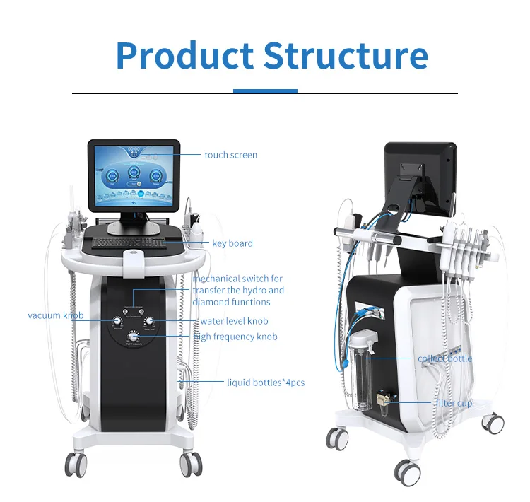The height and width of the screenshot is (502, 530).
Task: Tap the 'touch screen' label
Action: [x=230, y=155]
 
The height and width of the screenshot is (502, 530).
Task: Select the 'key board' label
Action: [x=232, y=243]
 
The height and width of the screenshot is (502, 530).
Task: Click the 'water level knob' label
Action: [x=235, y=322]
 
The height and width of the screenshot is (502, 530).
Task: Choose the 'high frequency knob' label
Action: [x=235, y=337]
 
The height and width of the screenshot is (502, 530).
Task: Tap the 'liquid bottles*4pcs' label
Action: [x=265, y=383]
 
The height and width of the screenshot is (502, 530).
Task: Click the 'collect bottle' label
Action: [x=444, y=358]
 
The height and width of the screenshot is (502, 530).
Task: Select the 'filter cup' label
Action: [x=453, y=403]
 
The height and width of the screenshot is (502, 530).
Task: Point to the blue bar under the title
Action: [x=265, y=91]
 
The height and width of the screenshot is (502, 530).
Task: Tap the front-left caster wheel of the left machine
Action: [x=76, y=465]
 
